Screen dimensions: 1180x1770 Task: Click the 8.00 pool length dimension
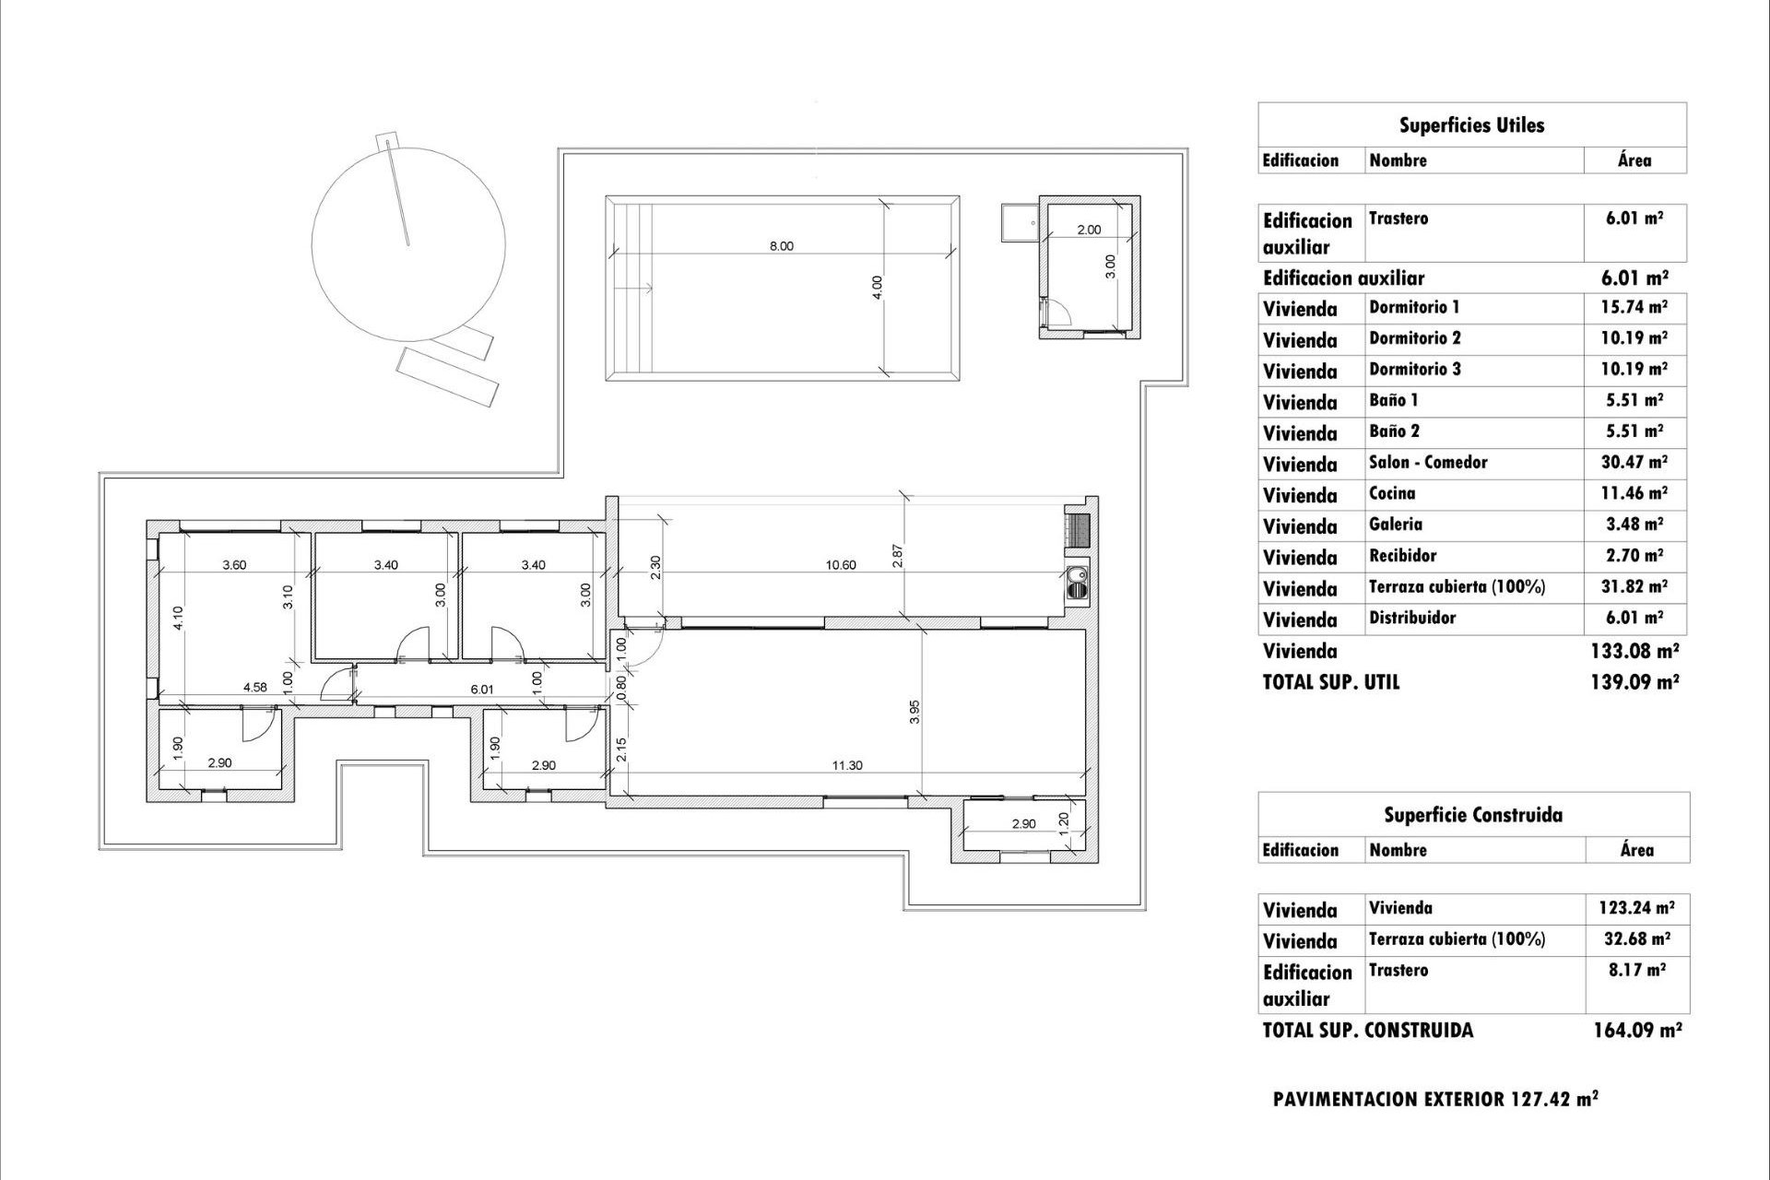point(781,246)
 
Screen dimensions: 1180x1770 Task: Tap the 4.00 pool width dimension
point(878,287)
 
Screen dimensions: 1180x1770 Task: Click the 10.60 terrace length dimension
point(841,565)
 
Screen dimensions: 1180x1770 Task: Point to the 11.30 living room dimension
point(846,765)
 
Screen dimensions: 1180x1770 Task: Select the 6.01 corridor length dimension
point(482,689)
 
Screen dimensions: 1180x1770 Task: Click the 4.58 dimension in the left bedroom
point(255,687)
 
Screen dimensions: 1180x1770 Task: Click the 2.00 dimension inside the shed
point(1089,230)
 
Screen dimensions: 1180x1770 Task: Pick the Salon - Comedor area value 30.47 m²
point(1634,462)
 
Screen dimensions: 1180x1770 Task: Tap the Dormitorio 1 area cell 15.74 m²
point(1634,307)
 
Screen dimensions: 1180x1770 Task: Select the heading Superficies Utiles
point(1471,125)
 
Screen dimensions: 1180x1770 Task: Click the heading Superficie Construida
point(1472,815)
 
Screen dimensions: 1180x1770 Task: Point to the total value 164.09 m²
point(1636,1030)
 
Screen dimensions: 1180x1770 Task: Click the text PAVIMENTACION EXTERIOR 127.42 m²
point(1435,1099)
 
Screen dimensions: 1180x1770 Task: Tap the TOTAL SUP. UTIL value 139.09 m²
point(1634,682)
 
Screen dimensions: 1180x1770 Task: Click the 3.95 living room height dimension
point(914,712)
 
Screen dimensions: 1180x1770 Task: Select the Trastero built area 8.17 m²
point(1636,970)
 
